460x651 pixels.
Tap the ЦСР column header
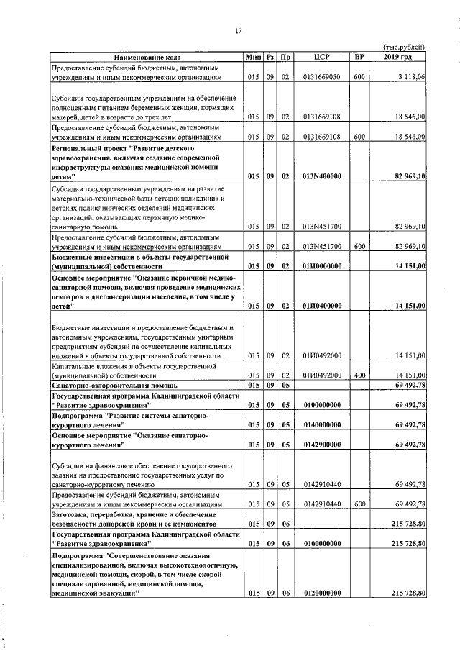pyautogui.click(x=322, y=57)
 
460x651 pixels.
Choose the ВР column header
pyautogui.click(x=359, y=57)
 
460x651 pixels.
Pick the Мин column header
pyautogui.click(x=253, y=57)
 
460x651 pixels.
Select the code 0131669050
pyautogui.click(x=322, y=76)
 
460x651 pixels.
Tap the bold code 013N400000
pyautogui.click(x=322, y=176)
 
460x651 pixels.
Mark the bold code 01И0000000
pyautogui.click(x=322, y=265)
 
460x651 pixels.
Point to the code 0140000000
pyautogui.click(x=322, y=425)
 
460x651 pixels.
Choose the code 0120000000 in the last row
pyautogui.click(x=322, y=593)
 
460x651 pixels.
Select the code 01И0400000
pyautogui.click(x=322, y=306)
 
